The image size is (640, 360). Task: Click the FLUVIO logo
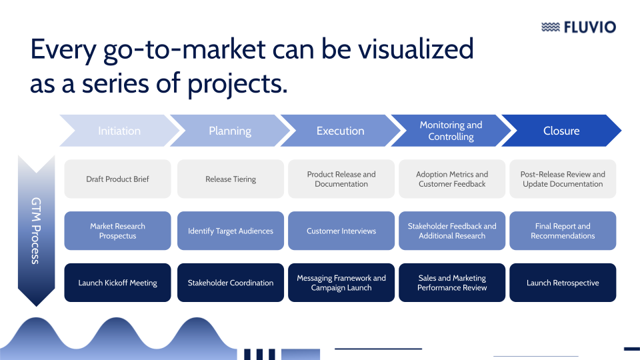click(x=579, y=27)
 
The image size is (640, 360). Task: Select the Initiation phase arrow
click(x=119, y=131)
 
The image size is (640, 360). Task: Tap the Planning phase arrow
click(x=230, y=131)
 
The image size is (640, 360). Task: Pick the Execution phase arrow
click(x=340, y=131)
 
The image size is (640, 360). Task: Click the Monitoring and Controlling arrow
click(x=451, y=131)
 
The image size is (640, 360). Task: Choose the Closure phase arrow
click(x=561, y=131)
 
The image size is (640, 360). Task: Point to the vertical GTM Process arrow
click(x=36, y=230)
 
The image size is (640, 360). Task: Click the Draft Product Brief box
click(x=117, y=179)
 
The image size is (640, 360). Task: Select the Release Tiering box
click(x=231, y=179)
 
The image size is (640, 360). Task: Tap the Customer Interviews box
click(x=341, y=231)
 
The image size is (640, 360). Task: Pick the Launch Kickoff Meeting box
click(x=117, y=283)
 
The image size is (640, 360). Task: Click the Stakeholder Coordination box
click(x=231, y=283)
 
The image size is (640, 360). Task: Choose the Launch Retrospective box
click(x=563, y=283)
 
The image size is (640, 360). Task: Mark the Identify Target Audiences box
click(x=231, y=231)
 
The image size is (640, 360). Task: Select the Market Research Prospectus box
click(x=117, y=231)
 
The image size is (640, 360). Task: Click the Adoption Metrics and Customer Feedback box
click(x=452, y=179)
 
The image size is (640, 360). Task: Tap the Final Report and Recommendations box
click(x=563, y=231)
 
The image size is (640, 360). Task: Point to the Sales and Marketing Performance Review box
click(x=452, y=283)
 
